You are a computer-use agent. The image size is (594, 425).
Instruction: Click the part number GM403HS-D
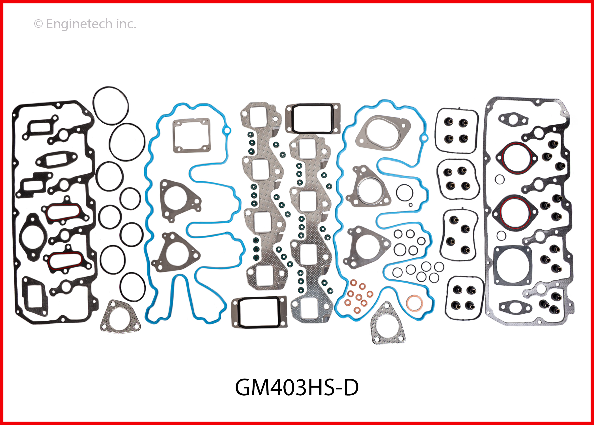click(x=297, y=387)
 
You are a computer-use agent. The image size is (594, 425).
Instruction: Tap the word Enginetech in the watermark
click(x=79, y=24)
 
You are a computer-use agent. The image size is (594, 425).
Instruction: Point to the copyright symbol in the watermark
click(x=38, y=24)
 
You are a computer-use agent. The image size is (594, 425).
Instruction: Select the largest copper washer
click(x=415, y=303)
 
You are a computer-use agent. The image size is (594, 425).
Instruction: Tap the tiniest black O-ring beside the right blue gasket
click(x=410, y=205)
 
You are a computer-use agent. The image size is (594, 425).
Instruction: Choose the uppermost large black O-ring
click(x=111, y=106)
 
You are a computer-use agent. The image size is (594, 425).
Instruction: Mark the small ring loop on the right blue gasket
click(x=423, y=138)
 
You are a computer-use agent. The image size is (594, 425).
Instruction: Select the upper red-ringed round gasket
click(x=516, y=158)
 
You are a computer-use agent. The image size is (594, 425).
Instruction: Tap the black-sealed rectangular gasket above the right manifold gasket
click(x=313, y=118)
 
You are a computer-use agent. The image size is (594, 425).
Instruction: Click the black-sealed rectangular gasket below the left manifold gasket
click(x=259, y=312)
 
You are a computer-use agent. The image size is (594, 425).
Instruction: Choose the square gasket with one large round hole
click(x=512, y=265)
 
